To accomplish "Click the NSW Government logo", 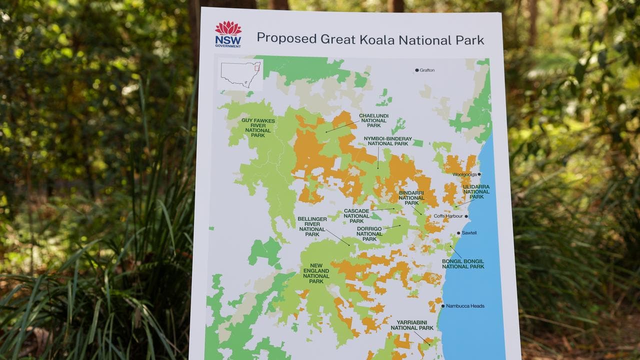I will (228, 34).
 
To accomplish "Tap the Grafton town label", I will (427, 70).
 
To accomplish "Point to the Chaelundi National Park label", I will (373, 120).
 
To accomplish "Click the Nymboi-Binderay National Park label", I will (387, 141).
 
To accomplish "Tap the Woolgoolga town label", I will (464, 174).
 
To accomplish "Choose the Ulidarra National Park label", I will (475, 191).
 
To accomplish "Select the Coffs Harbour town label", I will (448, 216).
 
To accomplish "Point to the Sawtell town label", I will (469, 233).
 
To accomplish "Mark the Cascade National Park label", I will (356, 216).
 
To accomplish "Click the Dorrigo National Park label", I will (369, 233).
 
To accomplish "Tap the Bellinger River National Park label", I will (312, 226).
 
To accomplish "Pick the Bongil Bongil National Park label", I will (462, 264).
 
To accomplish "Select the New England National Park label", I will (316, 273).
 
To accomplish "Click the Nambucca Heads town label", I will (465, 306).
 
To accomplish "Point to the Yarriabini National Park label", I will (412, 325).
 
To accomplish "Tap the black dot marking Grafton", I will (416, 70).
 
